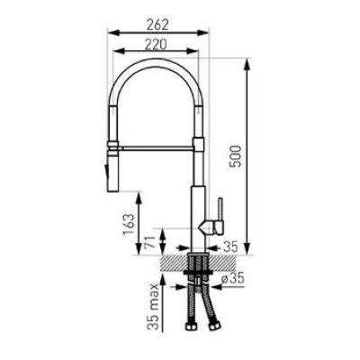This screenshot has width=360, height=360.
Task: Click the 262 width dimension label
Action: point(157,24)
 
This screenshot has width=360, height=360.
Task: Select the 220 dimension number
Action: point(156,45)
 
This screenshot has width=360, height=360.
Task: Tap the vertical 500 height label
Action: point(236,156)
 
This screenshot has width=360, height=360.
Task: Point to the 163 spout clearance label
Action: point(129,225)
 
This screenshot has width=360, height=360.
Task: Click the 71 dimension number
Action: point(151,243)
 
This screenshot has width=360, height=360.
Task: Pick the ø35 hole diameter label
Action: point(233,279)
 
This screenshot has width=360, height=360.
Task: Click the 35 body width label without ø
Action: point(230,247)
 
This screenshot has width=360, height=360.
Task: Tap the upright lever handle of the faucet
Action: point(220,210)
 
